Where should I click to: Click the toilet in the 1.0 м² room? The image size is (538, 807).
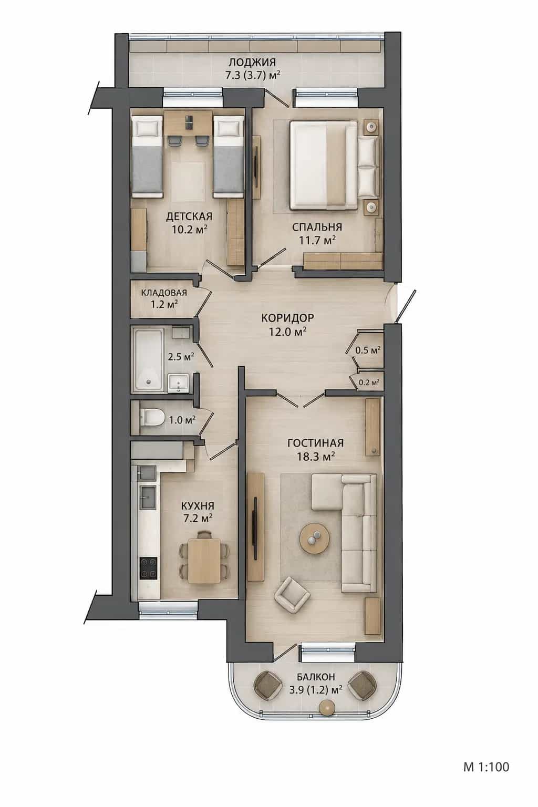151,418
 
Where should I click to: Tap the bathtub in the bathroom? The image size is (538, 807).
149,359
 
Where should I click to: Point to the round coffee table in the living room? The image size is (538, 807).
314,538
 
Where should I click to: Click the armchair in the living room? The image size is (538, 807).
292,596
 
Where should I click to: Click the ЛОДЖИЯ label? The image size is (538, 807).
252,62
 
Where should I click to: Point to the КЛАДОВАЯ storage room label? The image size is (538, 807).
164,293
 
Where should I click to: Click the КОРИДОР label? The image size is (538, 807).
287,318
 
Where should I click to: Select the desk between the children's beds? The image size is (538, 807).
189,123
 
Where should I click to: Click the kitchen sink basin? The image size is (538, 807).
148,497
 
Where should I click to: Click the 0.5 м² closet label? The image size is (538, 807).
368,350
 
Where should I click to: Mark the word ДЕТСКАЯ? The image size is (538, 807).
189,216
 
